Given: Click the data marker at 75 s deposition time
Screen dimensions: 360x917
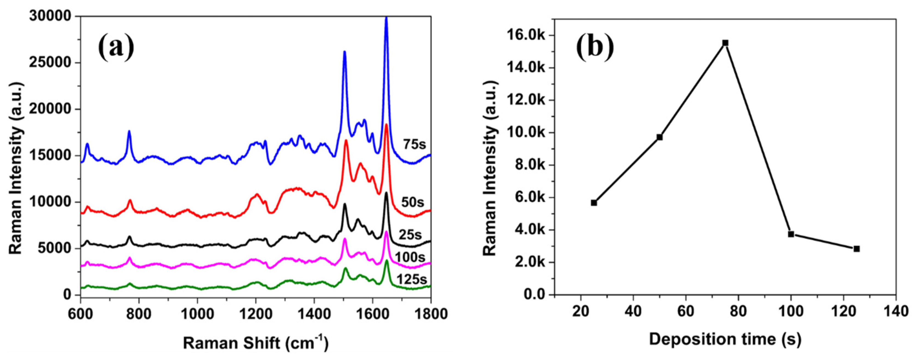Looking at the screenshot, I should (x=725, y=43).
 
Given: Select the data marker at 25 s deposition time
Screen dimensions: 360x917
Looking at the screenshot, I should (x=594, y=203).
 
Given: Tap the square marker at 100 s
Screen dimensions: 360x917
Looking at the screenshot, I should (x=791, y=234).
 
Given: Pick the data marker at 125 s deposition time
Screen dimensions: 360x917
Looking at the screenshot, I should (x=857, y=249).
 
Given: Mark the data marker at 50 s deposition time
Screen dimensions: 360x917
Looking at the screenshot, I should (x=659, y=137).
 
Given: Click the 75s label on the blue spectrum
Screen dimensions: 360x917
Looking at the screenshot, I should (x=414, y=144).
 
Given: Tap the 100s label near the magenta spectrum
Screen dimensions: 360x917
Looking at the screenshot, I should (x=410, y=257).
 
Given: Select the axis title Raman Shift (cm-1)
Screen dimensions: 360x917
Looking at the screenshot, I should (x=256, y=342).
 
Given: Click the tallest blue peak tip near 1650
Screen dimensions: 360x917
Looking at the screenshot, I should (x=386, y=17).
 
